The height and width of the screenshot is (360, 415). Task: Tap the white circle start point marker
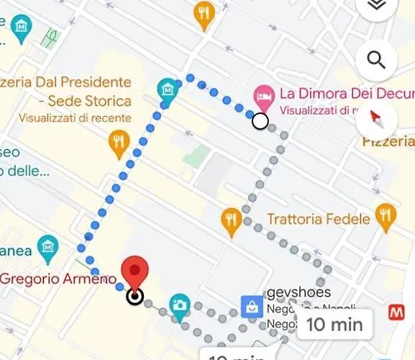coord(260,122)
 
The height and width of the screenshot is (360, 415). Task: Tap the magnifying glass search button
coord(376,59)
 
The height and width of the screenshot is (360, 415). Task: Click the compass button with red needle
coord(376,117)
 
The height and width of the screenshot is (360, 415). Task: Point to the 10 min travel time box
coord(334,324)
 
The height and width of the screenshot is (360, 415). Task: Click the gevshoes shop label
coord(298,292)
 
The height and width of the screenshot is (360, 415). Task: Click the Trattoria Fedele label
coord(319,218)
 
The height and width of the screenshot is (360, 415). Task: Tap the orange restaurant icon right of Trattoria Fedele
coord(386,215)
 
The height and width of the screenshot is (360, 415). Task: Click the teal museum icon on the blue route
coord(168,90)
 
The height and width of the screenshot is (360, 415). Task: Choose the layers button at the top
coord(375,6)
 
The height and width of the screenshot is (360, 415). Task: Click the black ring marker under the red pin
coord(134,296)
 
